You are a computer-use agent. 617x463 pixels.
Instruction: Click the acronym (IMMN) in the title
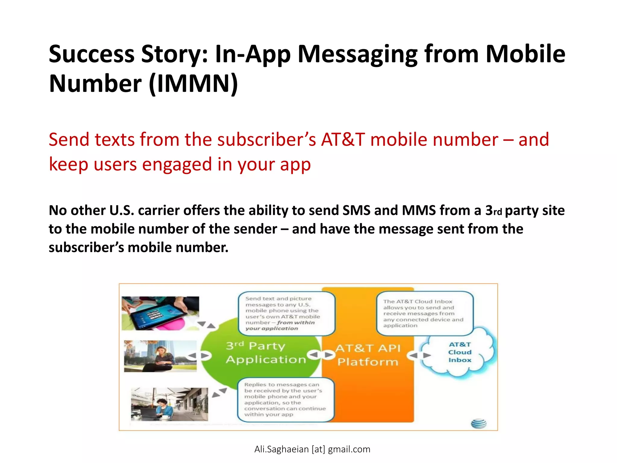[193, 83]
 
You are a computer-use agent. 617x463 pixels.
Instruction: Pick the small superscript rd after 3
[498, 212]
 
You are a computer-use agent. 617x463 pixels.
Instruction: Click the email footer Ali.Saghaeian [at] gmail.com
[312, 449]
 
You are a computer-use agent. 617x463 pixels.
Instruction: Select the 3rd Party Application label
[265, 353]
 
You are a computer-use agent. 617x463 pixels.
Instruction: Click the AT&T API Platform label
[368, 355]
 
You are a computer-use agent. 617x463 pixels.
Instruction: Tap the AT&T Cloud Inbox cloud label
[459, 352]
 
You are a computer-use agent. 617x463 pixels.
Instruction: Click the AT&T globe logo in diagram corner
[478, 424]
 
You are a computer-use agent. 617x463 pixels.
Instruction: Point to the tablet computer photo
[160, 313]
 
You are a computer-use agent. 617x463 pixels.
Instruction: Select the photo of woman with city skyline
[160, 356]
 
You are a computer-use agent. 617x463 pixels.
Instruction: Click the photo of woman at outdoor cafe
[169, 404]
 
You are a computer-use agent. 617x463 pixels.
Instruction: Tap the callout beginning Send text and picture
[286, 313]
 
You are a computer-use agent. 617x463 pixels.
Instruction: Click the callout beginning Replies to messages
[285, 400]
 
